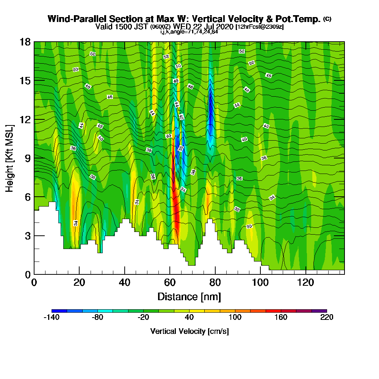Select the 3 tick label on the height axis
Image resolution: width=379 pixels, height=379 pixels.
point(27,235)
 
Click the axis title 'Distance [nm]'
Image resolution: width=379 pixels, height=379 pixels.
point(189,296)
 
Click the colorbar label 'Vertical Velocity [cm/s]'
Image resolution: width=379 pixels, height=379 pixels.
point(189,331)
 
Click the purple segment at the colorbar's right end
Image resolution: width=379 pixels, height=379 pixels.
point(319,311)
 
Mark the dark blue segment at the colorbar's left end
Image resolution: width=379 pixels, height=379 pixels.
point(59,311)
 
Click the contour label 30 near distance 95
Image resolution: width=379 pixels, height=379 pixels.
point(249,226)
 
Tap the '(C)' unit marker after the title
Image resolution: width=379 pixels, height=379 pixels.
point(327,19)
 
